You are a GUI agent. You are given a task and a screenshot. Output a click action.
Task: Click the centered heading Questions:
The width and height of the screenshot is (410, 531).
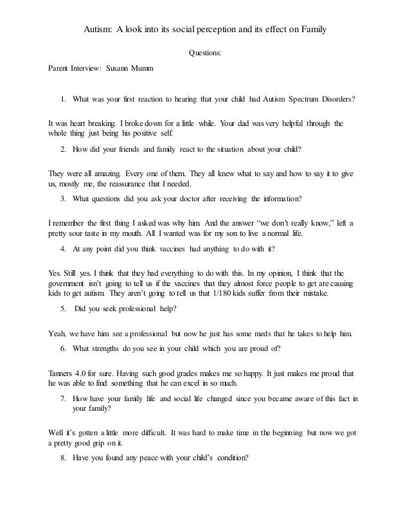(204, 53)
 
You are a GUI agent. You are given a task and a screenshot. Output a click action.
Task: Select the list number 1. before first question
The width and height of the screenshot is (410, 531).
(64, 100)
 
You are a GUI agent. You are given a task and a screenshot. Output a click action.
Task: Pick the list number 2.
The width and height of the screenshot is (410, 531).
(63, 148)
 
